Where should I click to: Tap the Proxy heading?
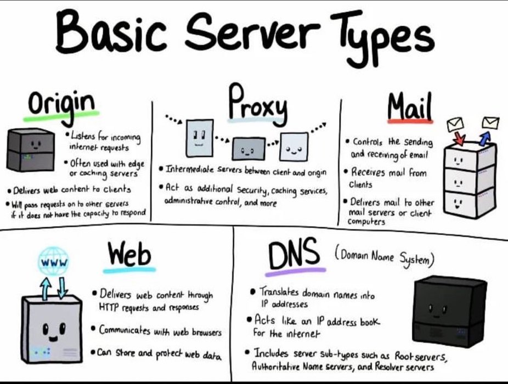point(257,103)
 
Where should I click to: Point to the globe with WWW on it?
point(54,262)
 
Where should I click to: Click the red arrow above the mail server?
point(460,138)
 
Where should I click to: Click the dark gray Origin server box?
point(31,150)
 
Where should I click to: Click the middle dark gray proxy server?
point(249,149)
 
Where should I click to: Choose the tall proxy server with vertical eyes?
point(200,138)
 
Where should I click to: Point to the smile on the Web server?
point(53,339)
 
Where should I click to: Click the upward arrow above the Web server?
point(46,288)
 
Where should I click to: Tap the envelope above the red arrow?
point(455,124)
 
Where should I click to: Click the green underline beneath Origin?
point(61,116)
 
